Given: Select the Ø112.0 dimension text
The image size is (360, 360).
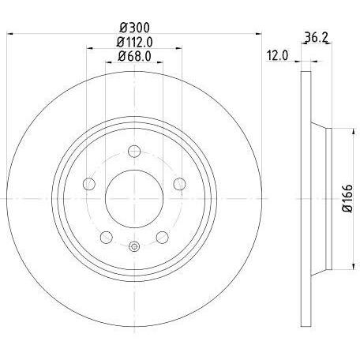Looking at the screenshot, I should pyautogui.click(x=135, y=42).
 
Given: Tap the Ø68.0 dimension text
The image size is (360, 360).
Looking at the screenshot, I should pyautogui.click(x=134, y=56).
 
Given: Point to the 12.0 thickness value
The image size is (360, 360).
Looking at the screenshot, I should pyautogui.click(x=277, y=55).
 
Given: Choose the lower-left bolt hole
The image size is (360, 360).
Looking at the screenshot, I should pyautogui.click(x=107, y=235).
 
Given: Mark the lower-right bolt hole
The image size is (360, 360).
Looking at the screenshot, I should pyautogui.click(x=161, y=235).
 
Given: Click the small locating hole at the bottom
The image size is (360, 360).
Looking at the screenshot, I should pyautogui.click(x=133, y=246).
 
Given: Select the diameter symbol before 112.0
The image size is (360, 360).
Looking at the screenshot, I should pyautogui.click(x=121, y=42).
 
